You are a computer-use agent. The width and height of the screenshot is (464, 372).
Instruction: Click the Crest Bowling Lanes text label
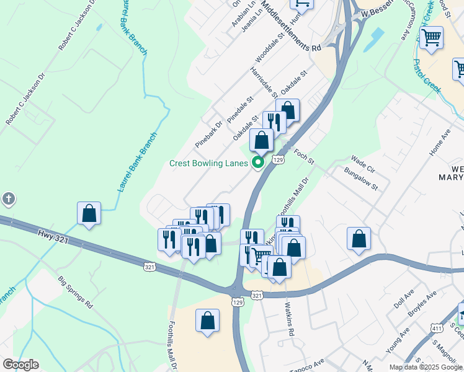(209, 164)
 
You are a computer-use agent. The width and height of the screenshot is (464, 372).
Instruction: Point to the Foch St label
(304, 156)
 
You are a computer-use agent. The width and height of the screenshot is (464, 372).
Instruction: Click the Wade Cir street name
(363, 164)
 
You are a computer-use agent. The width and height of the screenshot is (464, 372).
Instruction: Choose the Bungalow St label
(361, 177)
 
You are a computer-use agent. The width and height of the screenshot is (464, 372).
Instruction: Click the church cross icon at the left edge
(8, 200)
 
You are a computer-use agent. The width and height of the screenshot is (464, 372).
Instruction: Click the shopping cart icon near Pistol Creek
(431, 37)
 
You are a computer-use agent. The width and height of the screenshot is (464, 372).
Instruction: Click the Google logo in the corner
(20, 365)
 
